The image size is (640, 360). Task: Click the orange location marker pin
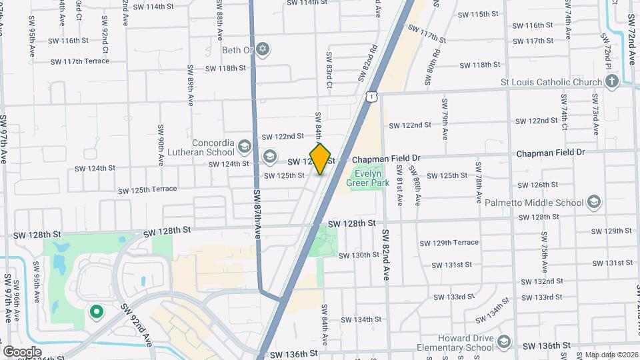(321, 159)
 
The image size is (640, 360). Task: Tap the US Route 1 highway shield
(371, 97)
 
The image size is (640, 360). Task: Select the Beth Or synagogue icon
(263, 49)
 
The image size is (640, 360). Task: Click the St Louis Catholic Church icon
(612, 82)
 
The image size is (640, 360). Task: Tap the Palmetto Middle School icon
(593, 203)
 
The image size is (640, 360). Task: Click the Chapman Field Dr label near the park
(387, 159)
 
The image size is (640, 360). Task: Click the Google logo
(22, 351)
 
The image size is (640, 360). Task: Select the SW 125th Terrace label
(147, 190)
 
